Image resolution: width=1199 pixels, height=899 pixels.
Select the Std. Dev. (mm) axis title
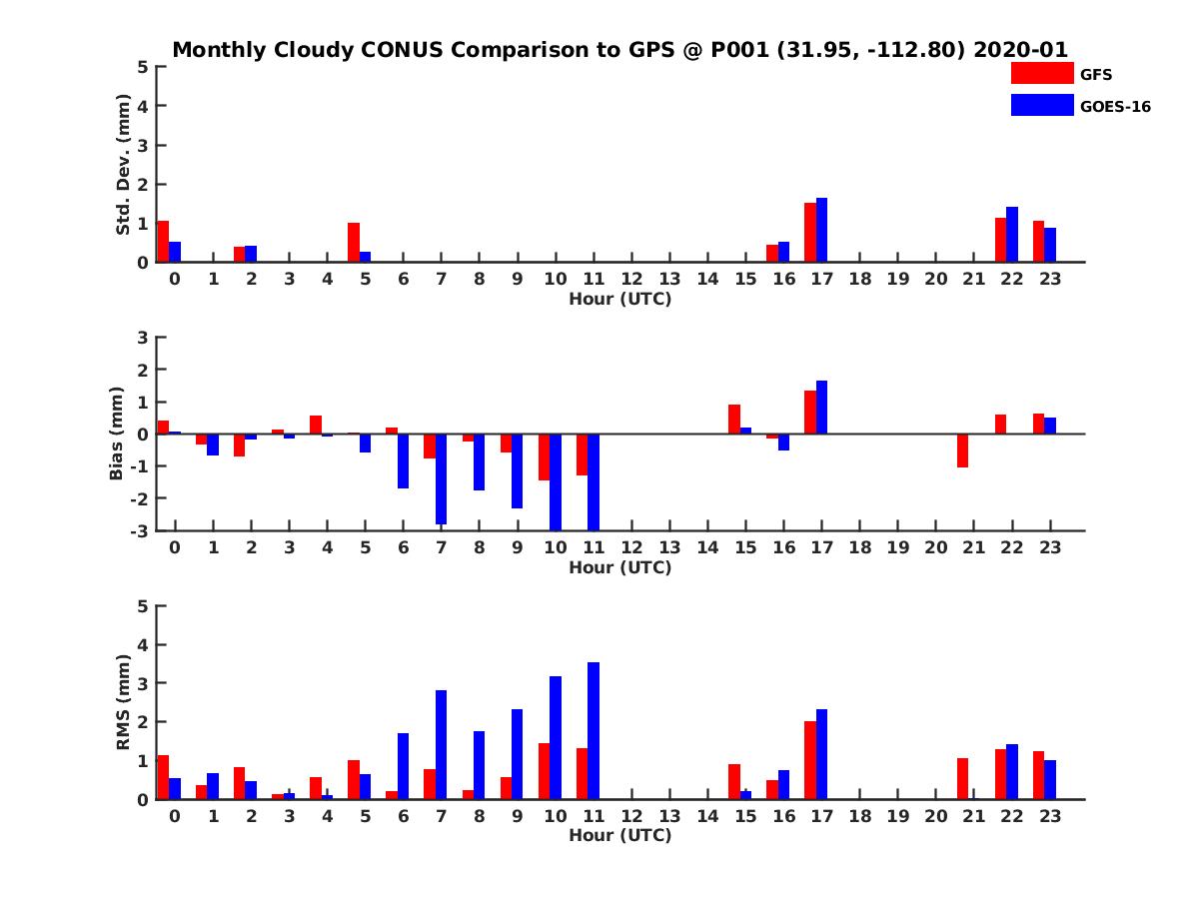(124, 165)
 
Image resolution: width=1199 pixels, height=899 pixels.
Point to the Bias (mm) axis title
(117, 435)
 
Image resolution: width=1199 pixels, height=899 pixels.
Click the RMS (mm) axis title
(124, 702)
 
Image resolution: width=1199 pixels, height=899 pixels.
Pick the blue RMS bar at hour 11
(594, 730)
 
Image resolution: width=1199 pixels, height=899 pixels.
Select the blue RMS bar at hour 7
(441, 744)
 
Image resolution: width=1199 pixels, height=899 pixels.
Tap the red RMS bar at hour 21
(962, 778)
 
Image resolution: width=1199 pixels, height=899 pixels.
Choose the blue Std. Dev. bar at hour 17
(821, 230)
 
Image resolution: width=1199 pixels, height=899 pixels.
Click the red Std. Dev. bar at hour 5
(354, 242)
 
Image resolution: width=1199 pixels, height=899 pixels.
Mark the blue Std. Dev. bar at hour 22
(1011, 235)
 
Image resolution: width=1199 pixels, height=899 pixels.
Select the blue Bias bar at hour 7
(441, 478)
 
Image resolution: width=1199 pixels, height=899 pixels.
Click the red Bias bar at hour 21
(962, 450)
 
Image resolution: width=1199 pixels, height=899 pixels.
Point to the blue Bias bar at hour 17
(821, 408)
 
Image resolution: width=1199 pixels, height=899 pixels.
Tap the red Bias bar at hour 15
(734, 420)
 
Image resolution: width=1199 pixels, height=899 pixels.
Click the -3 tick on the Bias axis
(142, 530)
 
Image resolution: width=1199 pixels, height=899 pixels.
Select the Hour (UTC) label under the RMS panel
(619, 835)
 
